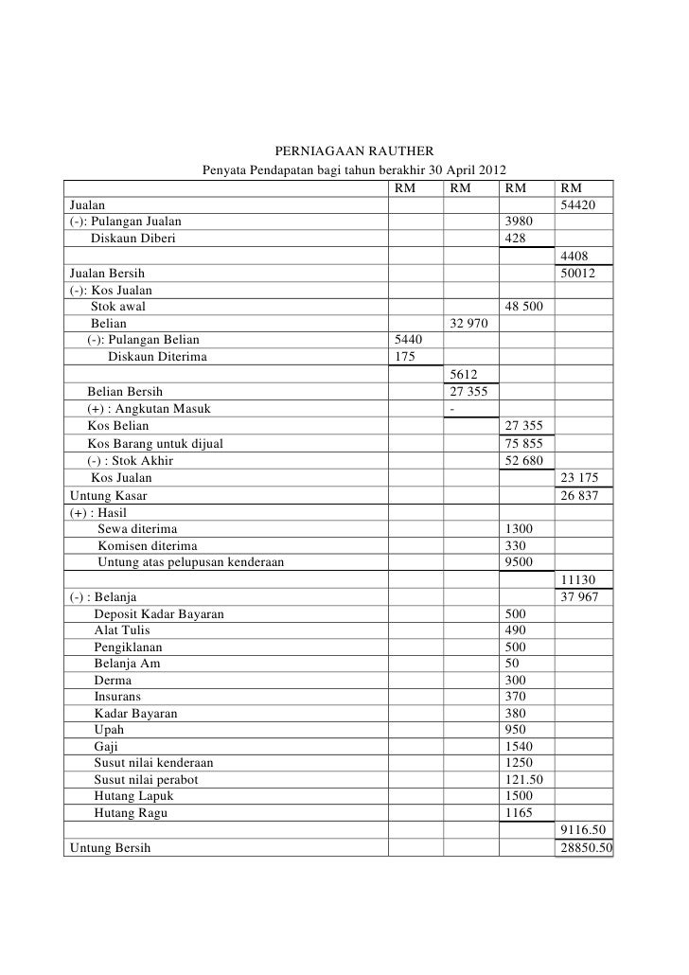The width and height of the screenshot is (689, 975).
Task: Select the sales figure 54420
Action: pos(577,206)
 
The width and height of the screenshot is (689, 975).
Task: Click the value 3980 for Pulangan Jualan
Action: pos(521,222)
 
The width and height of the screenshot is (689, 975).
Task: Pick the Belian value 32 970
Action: pos(469,324)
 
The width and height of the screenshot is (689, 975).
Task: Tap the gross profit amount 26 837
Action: pos(579,495)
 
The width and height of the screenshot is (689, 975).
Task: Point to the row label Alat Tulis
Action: pos(121,630)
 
